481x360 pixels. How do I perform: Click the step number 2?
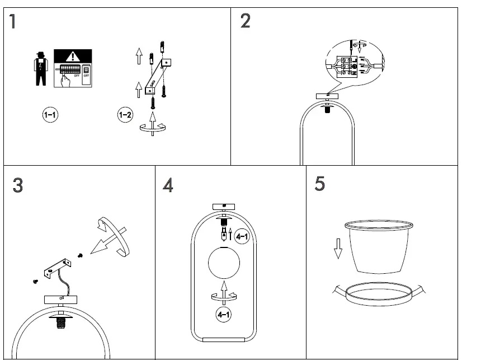click(x=245, y=21)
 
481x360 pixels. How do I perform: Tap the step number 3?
click(x=17, y=185)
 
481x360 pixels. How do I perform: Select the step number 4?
click(x=168, y=185)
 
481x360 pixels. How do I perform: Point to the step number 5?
click(x=319, y=184)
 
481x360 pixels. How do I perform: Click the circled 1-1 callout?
click(x=50, y=115)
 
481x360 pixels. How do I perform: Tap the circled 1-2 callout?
click(x=125, y=115)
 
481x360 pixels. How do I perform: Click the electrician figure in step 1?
click(x=40, y=68)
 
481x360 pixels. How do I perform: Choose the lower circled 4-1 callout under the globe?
click(x=224, y=315)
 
